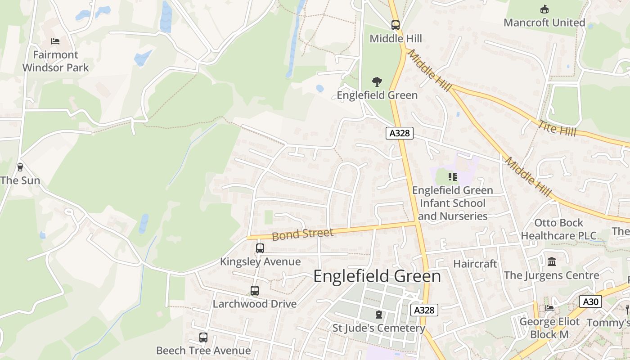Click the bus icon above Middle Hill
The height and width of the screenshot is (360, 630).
point(395,25)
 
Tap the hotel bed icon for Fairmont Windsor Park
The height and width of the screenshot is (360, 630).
point(55,41)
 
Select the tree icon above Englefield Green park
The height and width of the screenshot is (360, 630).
point(377,82)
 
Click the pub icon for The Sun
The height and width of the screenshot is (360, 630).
point(20,167)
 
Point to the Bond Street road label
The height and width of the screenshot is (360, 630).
point(302,234)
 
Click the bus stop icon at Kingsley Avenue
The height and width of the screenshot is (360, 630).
point(260,248)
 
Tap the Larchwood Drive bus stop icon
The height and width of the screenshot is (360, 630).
point(254,291)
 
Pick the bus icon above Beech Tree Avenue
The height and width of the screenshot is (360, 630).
point(203,337)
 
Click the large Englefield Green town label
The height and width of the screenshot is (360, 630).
point(377,276)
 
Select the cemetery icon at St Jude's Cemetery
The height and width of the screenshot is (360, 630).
point(378,315)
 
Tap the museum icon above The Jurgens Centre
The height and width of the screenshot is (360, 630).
point(551,261)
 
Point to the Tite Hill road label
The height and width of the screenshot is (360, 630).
point(557,128)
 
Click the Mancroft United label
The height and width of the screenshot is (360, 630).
point(544,22)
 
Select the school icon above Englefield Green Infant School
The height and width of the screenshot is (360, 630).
point(452,177)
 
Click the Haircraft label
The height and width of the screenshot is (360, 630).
point(475,264)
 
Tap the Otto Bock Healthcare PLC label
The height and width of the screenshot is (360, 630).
point(558,229)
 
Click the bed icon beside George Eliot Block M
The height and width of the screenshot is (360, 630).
point(549,308)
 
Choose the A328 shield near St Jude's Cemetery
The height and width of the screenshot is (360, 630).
point(424,310)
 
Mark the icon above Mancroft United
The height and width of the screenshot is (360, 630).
point(544,9)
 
